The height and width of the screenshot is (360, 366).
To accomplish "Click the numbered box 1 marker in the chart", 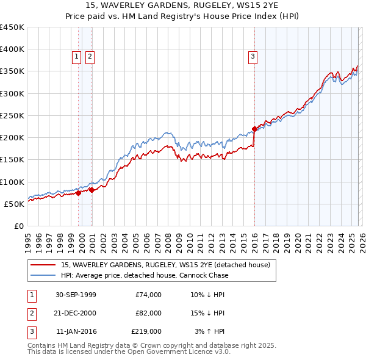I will [x=77, y=57].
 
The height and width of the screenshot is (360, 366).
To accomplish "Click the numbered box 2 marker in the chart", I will [x=90, y=57].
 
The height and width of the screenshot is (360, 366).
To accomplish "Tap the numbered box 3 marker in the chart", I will [x=252, y=57].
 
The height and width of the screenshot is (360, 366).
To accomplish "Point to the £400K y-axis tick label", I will [x=12, y=49].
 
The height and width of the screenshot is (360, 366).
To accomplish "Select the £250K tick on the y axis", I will [x=12, y=115].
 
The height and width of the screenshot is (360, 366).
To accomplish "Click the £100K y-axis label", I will [x=12, y=182].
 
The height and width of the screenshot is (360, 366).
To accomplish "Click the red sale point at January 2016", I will [x=254, y=129].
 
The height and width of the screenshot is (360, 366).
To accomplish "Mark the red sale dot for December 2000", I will [x=92, y=190].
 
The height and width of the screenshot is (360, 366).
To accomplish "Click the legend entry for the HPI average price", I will [x=144, y=275].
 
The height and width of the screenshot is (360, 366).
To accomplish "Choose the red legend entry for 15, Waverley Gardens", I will [x=165, y=265].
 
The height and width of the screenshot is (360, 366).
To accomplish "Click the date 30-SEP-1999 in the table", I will [x=76, y=295].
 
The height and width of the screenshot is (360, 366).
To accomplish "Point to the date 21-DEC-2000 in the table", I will [x=76, y=313].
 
